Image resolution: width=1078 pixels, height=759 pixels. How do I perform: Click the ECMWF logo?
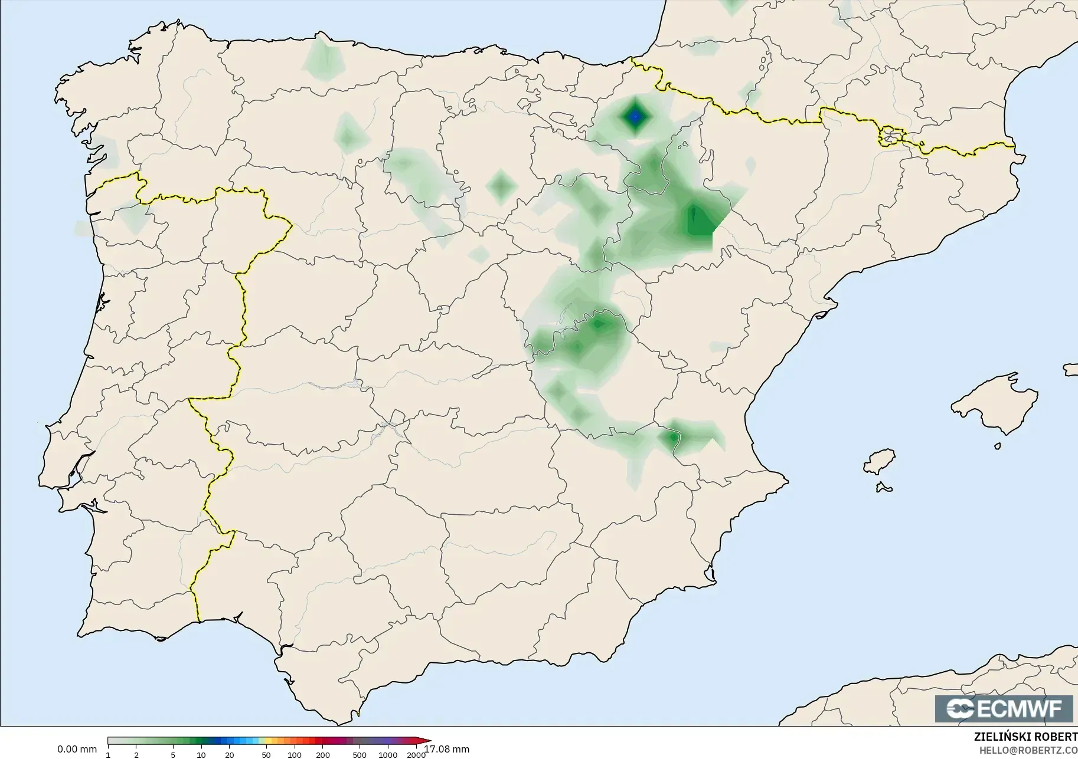coord(1003,708)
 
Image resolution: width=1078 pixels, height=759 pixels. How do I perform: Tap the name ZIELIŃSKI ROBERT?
coord(1025,737)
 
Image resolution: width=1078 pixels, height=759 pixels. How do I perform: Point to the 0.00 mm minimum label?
coord(77,750)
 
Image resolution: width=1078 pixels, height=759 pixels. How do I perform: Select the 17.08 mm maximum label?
coord(447,750)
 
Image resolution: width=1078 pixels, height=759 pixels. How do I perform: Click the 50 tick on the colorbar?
coord(266,755)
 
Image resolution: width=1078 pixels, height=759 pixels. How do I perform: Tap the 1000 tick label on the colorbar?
coord(387,755)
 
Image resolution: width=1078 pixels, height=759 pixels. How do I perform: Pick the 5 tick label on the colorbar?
coord(173,755)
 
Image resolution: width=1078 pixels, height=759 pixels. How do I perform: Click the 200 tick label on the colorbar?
coord(322,755)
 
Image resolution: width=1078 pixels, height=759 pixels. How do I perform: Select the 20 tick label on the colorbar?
coord(230,755)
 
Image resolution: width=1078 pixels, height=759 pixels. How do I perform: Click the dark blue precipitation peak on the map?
coord(635,117)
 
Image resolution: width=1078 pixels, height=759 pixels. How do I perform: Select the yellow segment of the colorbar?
coord(266,741)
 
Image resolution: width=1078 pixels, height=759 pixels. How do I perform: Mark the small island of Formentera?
coord(884,487)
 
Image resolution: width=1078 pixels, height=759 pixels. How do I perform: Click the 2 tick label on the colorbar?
coord(136,755)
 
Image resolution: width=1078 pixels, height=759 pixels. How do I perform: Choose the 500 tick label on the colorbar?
coord(359,755)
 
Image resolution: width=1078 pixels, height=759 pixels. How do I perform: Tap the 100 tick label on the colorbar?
coord(294,755)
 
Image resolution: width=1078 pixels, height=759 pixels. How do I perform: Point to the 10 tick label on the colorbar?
coord(201,755)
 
